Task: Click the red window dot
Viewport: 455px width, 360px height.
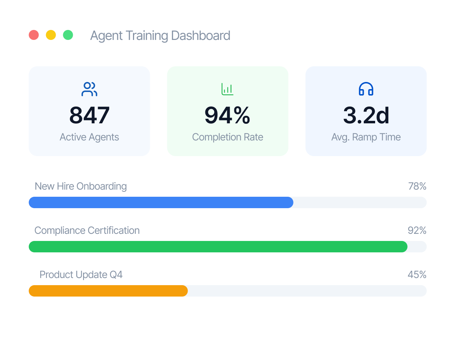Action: [34, 35]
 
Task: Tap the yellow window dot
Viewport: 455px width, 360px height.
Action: [51, 35]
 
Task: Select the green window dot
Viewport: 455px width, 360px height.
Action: [68, 35]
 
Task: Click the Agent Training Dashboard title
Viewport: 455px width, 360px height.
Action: [160, 36]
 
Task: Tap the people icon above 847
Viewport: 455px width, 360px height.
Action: [89, 89]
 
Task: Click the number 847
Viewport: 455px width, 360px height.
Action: [89, 115]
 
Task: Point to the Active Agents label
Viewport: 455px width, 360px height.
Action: [89, 137]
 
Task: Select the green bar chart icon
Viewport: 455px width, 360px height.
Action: [227, 89]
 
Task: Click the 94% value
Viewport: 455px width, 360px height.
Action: [227, 115]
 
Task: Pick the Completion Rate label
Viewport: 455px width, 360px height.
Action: [227, 137]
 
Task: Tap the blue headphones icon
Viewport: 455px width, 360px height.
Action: [366, 89]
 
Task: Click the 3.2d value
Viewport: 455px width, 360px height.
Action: [366, 115]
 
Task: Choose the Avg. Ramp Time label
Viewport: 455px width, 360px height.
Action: [366, 137]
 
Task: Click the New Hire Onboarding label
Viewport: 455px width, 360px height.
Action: [81, 186]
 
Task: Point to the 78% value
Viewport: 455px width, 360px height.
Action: [417, 186]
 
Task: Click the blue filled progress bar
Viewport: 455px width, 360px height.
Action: [161, 202]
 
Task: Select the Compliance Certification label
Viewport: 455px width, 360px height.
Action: [87, 231]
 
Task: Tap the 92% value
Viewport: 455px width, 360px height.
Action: [417, 231]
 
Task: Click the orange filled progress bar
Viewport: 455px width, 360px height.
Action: [108, 291]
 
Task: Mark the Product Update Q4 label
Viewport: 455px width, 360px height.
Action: [81, 275]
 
